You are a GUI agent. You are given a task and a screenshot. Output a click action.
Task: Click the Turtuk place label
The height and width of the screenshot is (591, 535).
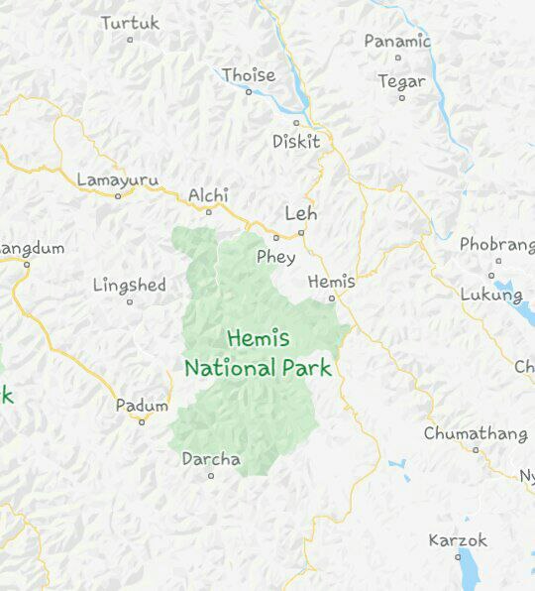tap(129, 22)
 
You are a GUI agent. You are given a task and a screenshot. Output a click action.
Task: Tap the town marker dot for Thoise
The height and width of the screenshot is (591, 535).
tap(249, 91)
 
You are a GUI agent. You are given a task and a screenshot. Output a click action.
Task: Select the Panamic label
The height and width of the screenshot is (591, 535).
tap(396, 42)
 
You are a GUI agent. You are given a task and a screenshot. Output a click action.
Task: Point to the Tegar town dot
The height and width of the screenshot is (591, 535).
tap(401, 98)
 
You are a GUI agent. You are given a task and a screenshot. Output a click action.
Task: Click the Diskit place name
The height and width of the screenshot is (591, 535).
tap(296, 142)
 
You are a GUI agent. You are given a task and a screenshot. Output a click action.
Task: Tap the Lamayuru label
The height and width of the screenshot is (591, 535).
tap(117, 179)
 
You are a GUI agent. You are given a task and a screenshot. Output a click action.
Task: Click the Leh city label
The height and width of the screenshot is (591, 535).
tap(301, 213)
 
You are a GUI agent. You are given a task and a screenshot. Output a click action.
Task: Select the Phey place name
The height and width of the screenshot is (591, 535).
tap(275, 257)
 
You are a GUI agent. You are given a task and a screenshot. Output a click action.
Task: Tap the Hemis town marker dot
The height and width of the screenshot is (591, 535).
tap(332, 297)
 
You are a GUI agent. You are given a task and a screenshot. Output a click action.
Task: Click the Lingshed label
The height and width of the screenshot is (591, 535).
tap(129, 286)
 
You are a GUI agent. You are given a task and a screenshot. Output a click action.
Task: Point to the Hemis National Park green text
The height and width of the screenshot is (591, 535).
tap(258, 353)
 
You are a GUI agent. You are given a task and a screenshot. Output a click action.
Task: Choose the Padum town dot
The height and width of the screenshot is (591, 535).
tap(142, 421)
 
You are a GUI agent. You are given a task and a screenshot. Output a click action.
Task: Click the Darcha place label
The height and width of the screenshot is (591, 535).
tap(211, 459)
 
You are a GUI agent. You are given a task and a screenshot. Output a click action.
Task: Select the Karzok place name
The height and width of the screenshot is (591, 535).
tap(458, 540)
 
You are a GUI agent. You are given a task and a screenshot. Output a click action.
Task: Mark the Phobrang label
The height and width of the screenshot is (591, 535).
tap(496, 244)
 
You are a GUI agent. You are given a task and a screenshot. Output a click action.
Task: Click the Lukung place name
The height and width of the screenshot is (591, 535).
tap(490, 295)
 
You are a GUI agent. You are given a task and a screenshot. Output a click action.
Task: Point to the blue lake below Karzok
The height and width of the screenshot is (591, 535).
tap(468, 573)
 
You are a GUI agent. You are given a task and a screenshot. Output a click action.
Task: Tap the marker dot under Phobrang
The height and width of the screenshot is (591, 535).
tap(491, 275)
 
